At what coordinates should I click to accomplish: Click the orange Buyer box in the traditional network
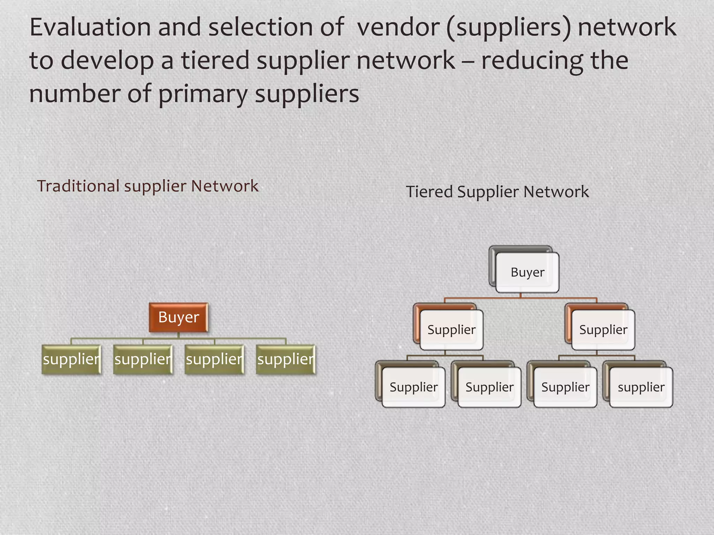point(178,317)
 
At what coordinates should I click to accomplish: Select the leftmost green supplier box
point(71,359)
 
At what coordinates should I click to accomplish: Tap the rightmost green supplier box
point(286,359)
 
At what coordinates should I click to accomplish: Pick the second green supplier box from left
point(143,359)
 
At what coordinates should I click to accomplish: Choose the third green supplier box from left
point(214,359)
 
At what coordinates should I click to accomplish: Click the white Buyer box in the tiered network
point(527,272)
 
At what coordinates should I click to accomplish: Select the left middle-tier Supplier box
point(451,330)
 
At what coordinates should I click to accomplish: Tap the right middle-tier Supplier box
point(603,330)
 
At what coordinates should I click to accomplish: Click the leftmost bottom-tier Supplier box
point(413,387)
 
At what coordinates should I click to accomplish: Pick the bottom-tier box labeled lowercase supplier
point(641,387)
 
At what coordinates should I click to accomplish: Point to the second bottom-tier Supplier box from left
point(489,387)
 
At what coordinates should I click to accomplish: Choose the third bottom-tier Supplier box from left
point(565,387)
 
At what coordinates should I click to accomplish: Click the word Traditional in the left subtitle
point(78,186)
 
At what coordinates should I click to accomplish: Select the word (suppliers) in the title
point(509,28)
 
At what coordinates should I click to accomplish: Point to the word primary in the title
point(203,94)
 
